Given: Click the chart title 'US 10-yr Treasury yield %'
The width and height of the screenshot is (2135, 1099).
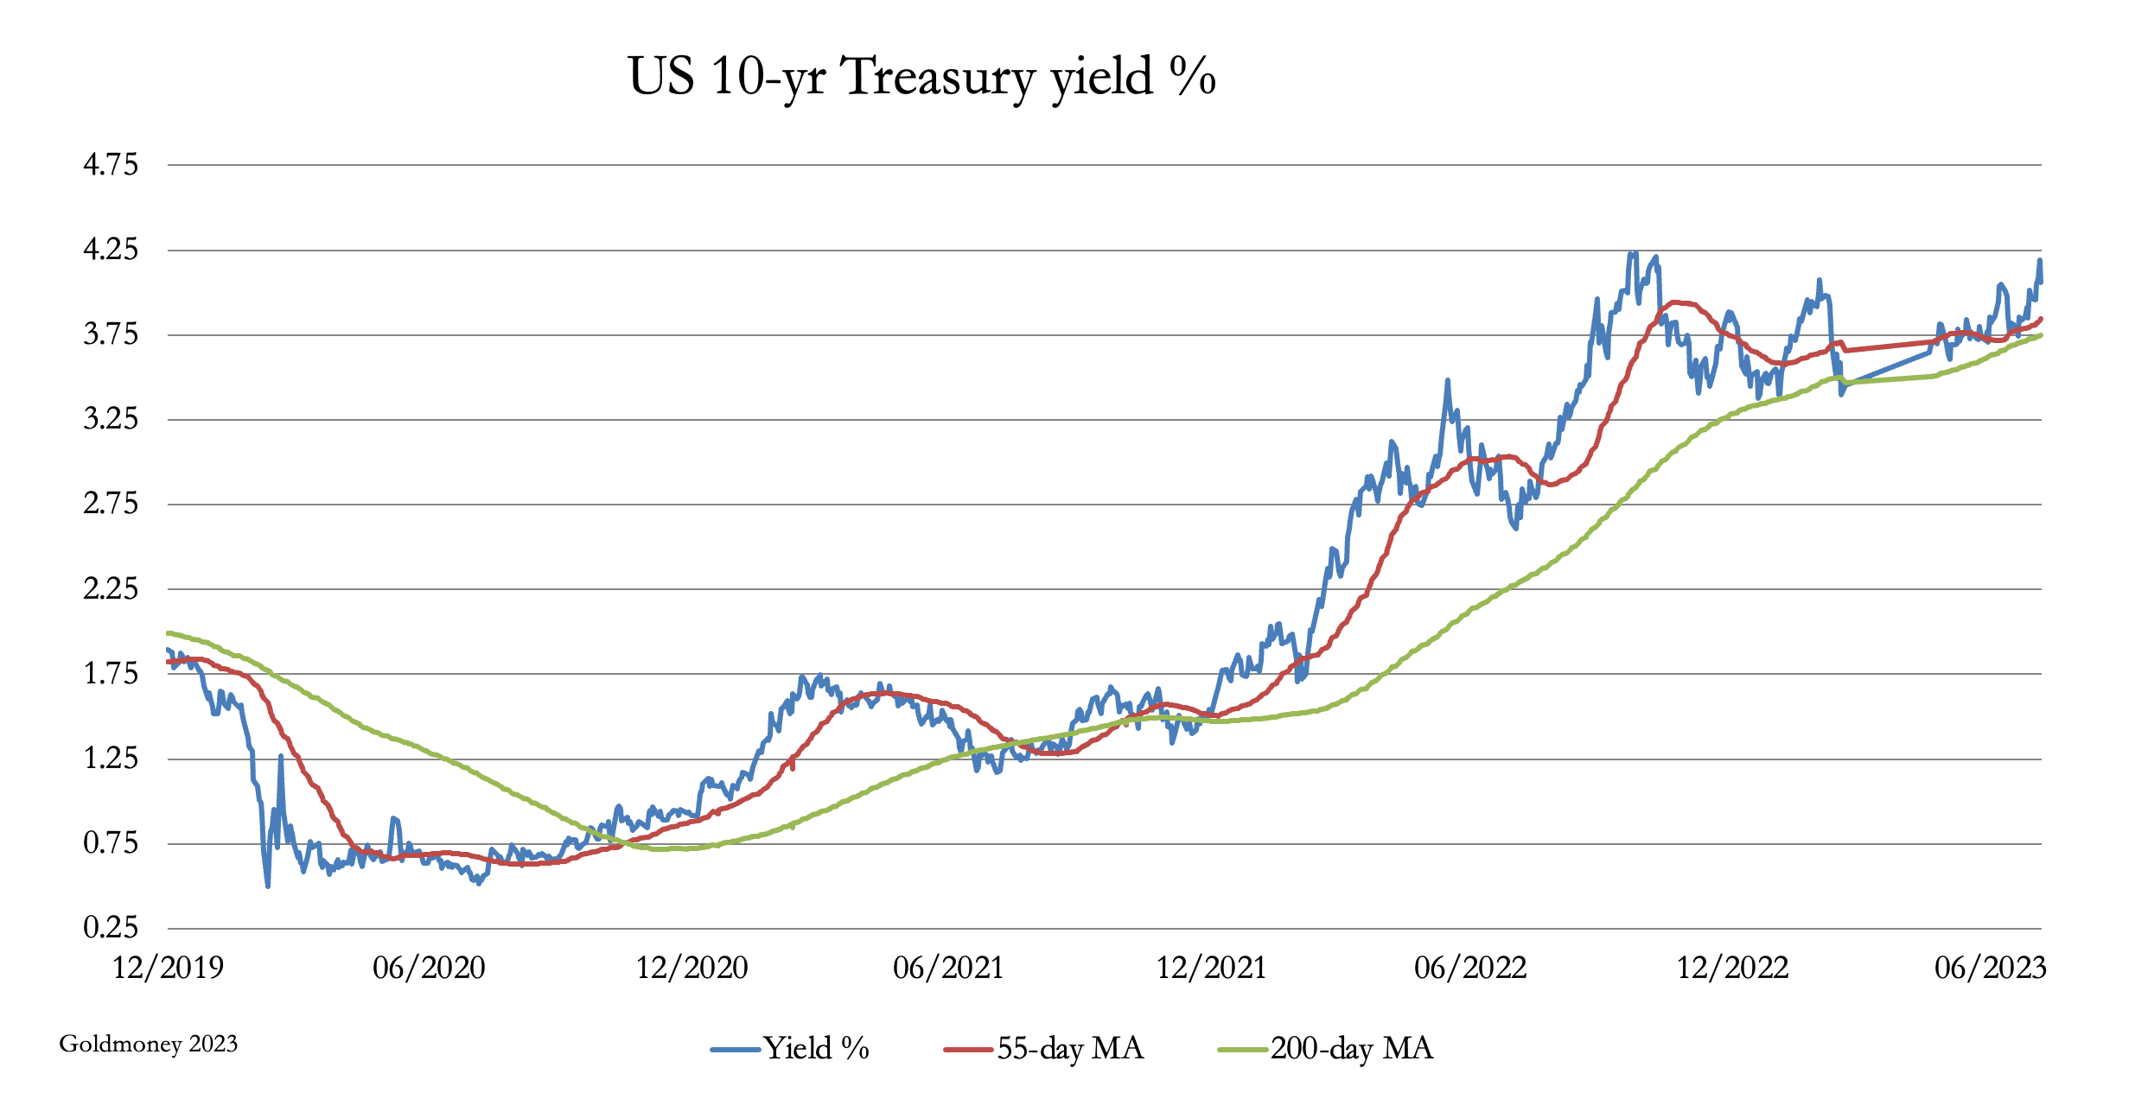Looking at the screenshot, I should (922, 76).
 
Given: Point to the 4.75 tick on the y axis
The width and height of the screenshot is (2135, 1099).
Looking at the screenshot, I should (111, 164).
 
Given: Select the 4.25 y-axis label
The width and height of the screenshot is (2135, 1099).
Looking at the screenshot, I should (111, 250).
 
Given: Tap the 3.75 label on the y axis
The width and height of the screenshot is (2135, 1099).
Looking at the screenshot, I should (111, 334).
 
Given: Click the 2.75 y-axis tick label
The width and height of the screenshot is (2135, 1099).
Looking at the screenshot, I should (111, 504).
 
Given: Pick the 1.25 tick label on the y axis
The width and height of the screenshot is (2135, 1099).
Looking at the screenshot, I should (111, 759).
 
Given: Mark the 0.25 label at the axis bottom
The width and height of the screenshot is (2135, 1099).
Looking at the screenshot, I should (111, 928).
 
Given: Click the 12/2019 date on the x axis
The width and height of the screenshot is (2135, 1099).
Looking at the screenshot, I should (169, 968).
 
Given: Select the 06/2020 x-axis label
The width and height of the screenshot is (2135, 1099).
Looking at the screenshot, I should (429, 968).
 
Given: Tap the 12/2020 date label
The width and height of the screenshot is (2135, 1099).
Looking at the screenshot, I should (691, 968).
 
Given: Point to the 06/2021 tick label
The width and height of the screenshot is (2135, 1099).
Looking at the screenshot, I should (948, 968).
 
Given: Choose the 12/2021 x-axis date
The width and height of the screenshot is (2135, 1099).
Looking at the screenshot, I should (1211, 968).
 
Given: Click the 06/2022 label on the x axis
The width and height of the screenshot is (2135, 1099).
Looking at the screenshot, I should (1469, 968).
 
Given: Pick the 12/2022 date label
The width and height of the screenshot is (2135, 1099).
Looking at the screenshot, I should (1732, 968).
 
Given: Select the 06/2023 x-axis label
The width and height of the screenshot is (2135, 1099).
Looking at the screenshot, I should (1990, 968).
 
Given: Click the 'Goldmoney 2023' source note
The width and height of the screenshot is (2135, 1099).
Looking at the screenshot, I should (148, 1045).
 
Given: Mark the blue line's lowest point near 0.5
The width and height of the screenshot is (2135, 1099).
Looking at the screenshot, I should (268, 886).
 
